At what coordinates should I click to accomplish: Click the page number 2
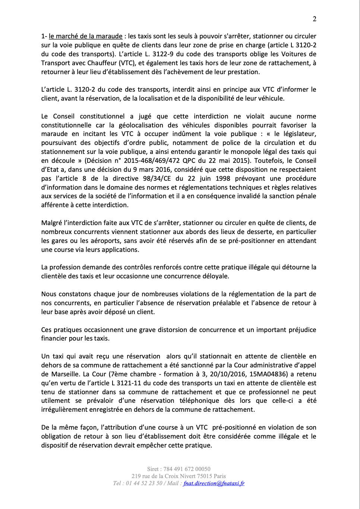pyautogui.click(x=315, y=19)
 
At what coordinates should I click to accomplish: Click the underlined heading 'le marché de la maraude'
pyautogui.click(x=85, y=36)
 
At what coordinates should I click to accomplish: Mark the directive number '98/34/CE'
pyautogui.click(x=157, y=178)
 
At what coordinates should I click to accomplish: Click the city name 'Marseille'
pyautogui.click(x=65, y=374)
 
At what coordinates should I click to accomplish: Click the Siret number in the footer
pyautogui.click(x=187, y=469)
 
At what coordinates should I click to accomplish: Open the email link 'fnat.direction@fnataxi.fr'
pyautogui.click(x=214, y=483)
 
